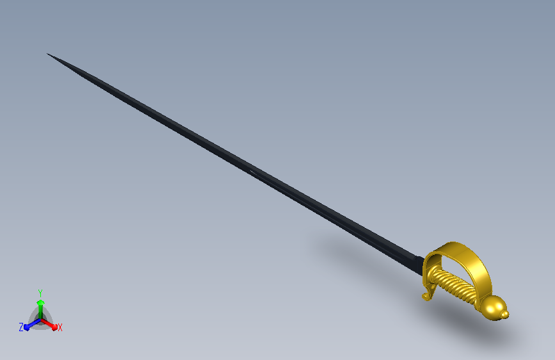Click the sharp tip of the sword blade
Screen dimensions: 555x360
coord(47,54)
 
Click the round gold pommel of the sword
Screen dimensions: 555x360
coord(494,308)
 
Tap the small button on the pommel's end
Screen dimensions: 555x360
coord(506,314)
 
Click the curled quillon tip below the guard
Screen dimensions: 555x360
coord(426,296)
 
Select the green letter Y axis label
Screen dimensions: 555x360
coord(40,293)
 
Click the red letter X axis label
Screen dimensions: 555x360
coord(60,328)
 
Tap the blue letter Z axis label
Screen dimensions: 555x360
coord(21,327)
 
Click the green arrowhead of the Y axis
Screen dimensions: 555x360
coord(40,302)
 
